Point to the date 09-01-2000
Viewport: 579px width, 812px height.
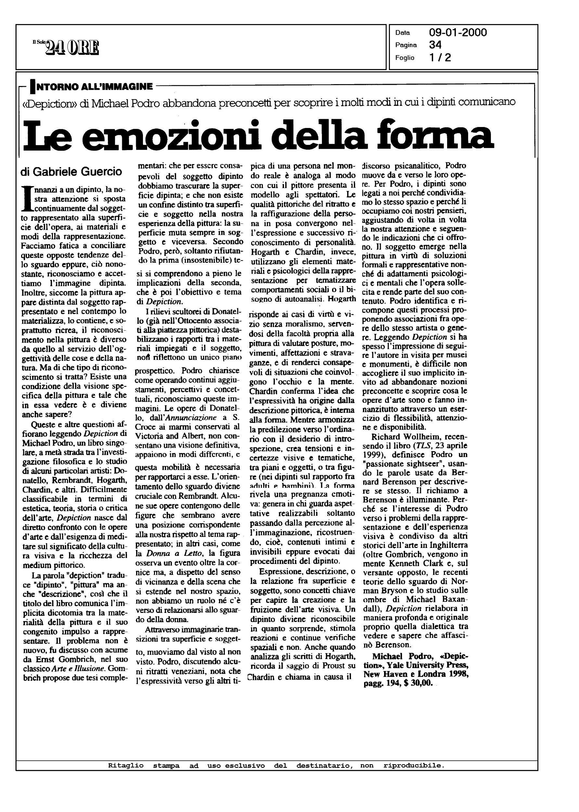click(458, 33)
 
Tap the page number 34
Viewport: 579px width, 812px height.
click(435, 45)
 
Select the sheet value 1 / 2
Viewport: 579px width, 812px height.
click(440, 57)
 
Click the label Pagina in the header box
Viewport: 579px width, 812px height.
click(406, 45)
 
